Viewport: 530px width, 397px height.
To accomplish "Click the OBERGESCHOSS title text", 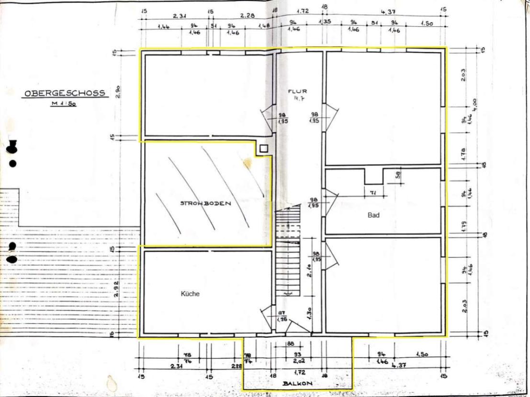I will pyautogui.click(x=65, y=93).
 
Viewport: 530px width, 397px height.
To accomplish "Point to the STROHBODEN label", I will pyautogui.click(x=205, y=203).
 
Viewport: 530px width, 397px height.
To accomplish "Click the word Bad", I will pyautogui.click(x=373, y=215).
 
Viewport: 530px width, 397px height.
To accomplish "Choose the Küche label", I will pyautogui.click(x=190, y=294).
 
